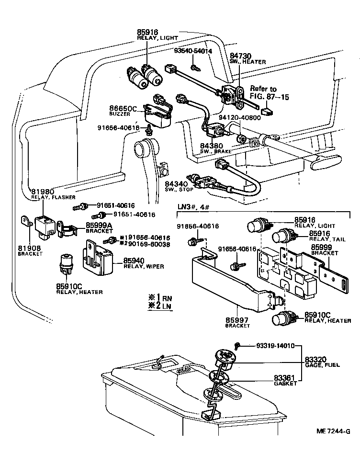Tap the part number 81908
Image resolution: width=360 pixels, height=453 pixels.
click(x=29, y=248)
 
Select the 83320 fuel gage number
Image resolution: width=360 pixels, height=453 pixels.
click(x=315, y=359)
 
